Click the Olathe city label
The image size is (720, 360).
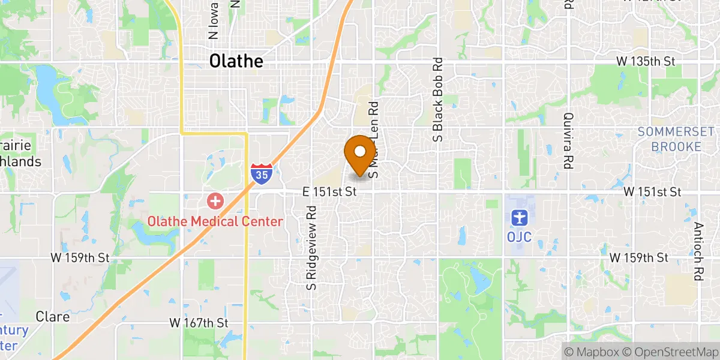(x=236, y=62)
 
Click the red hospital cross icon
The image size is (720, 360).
(x=215, y=200)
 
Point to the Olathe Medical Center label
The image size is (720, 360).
(x=215, y=221)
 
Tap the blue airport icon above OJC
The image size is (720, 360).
(x=519, y=216)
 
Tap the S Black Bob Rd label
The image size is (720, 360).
(x=438, y=100)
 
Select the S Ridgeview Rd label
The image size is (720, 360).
(x=311, y=248)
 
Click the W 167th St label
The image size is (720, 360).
(x=199, y=322)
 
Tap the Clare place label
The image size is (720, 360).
(x=53, y=316)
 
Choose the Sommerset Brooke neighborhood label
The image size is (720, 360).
(x=676, y=139)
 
